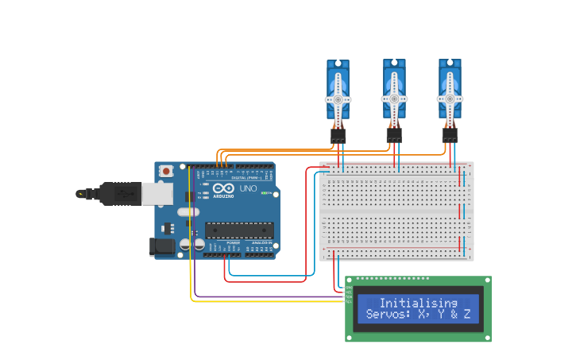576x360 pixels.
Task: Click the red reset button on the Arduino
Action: [x=166, y=170]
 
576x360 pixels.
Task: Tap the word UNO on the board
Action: [x=248, y=189]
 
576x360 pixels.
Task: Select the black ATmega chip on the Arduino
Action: [x=239, y=230]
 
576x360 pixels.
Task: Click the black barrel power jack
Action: [x=163, y=246]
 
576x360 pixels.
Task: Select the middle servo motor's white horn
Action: [x=393, y=99]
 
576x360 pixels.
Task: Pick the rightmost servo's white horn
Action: [x=450, y=99]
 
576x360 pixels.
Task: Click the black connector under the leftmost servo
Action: [x=338, y=137]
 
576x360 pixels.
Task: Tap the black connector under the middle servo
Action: [x=394, y=137]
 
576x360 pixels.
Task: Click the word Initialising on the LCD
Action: [x=418, y=303]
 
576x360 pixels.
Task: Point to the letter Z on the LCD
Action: [x=467, y=315]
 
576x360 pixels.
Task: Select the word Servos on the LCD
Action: [x=385, y=315]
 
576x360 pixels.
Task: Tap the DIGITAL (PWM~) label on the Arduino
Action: [x=245, y=177]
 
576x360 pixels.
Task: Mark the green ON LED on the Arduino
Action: [x=265, y=192]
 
